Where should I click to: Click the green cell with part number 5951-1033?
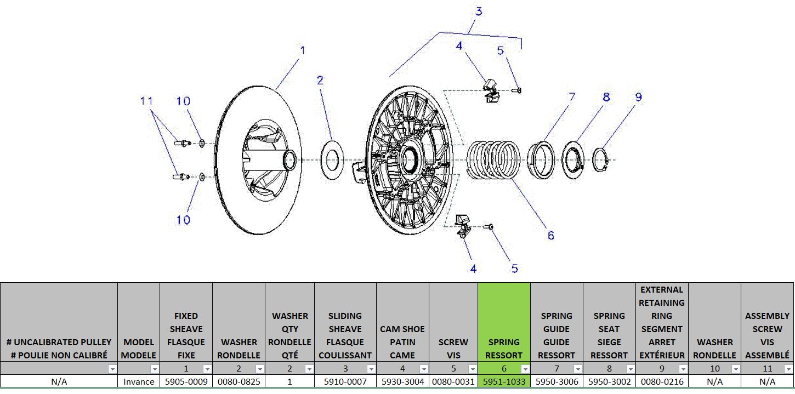pos(504,381)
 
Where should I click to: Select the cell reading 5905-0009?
pos(186,381)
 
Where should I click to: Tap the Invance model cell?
pos(139,381)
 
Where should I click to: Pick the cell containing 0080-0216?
pos(662,381)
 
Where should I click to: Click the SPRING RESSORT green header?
pos(504,349)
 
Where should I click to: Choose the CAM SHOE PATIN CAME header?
pos(402,342)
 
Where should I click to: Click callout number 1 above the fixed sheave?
pos(302,50)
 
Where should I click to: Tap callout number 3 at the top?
pos(479,12)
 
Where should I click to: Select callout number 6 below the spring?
pos(550,235)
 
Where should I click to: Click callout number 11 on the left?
pos(146,101)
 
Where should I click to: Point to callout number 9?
pos(638,97)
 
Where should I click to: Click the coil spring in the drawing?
pos(493,159)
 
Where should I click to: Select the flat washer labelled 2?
pos(331,159)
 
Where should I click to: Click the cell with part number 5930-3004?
pos(402,381)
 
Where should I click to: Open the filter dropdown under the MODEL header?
pos(155,369)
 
